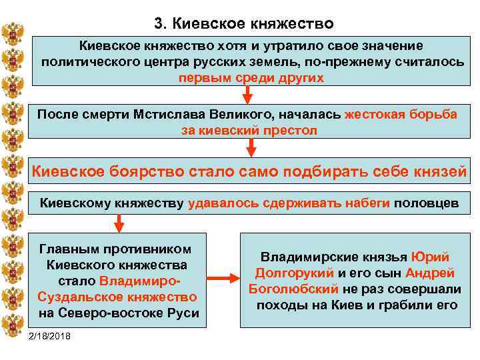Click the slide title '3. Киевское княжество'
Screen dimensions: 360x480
point(243,24)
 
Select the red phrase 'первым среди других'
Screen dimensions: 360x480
point(251,77)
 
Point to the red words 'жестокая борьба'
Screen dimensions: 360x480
point(401,114)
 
